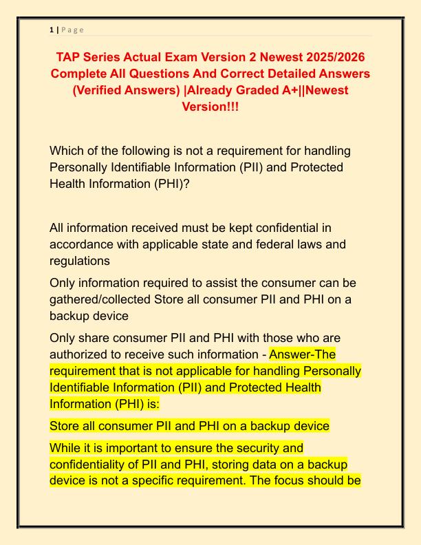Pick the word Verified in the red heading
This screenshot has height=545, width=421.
[105, 90]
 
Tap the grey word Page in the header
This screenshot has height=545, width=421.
[72, 29]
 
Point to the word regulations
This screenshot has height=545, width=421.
[80, 261]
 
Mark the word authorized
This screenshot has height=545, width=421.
[84, 355]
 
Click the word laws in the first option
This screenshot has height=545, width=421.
[330, 244]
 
